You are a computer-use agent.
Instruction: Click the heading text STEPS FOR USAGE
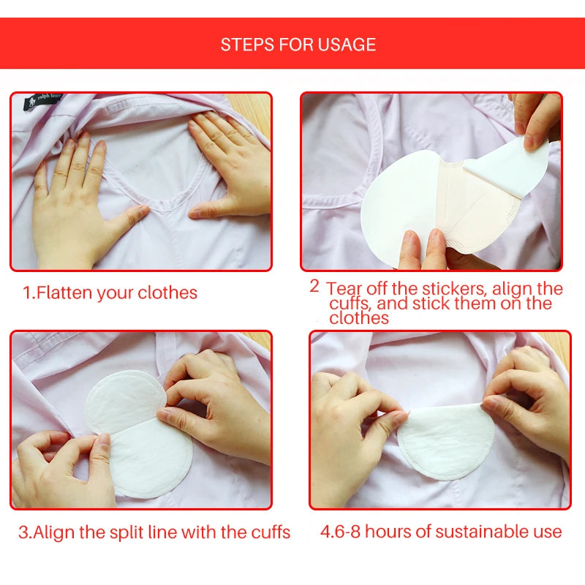click(298, 45)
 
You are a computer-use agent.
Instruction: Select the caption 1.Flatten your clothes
click(110, 293)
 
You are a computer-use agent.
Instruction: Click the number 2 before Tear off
click(314, 286)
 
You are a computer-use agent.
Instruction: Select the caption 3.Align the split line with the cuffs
click(154, 532)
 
